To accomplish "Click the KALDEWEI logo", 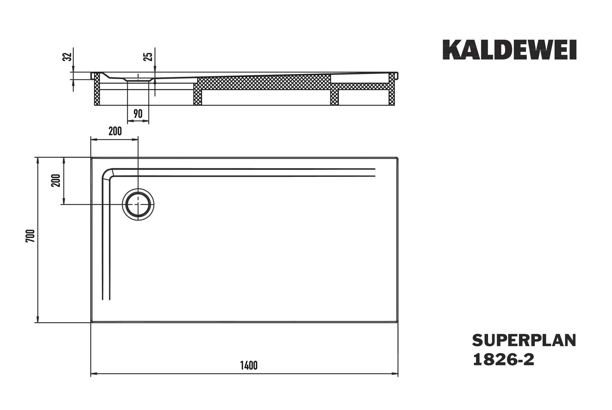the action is pos(510,50).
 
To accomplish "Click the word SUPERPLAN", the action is pos(524,341).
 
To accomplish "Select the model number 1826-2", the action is pos(503,360).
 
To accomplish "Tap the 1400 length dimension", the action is pos(249,365).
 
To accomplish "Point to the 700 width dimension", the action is pos(30,236).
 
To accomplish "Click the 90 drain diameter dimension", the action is pos(138,114).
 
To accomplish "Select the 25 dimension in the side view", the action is pos(149,57).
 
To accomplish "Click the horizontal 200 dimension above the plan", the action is pos(115,131).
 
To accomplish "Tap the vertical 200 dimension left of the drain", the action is pos(56,180).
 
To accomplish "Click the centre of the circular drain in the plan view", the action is pos(138,205).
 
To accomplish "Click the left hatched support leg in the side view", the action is pos(97,90).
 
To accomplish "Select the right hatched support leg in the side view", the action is pos(391,90).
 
